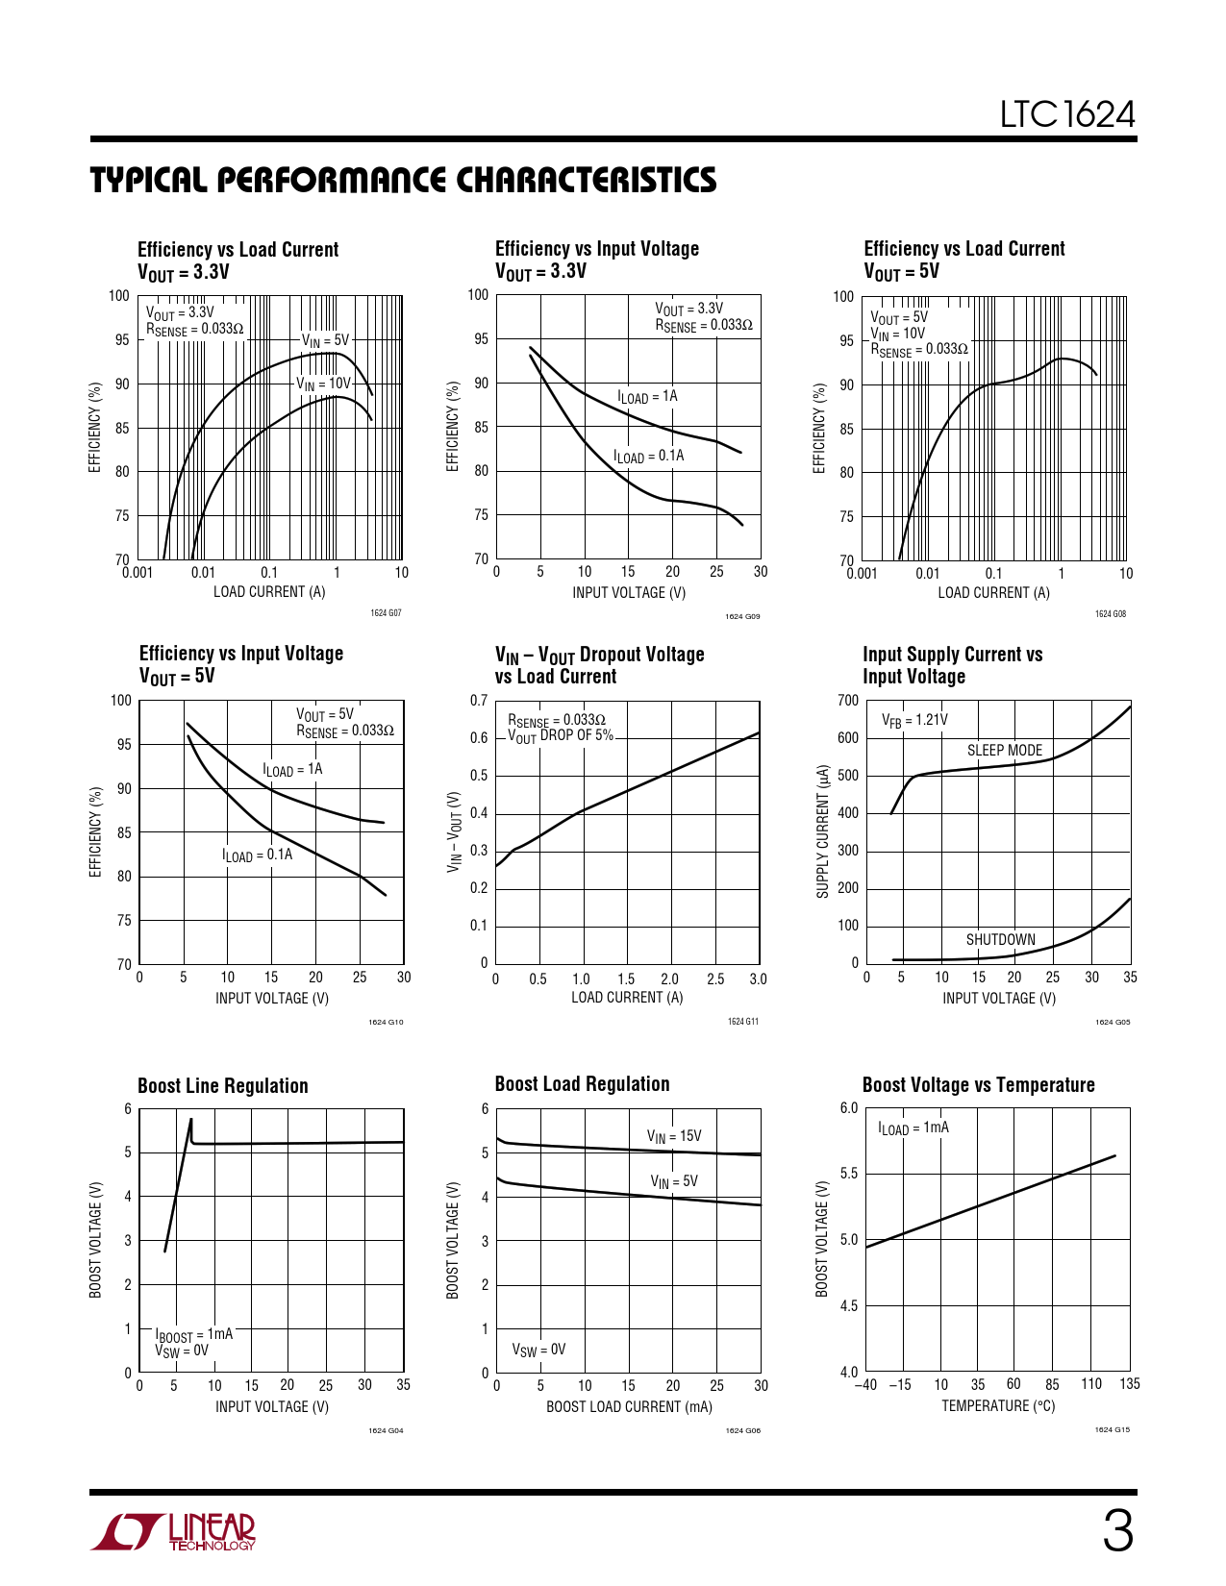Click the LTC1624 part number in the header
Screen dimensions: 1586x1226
click(1067, 114)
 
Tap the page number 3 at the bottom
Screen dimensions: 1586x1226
click(1117, 1531)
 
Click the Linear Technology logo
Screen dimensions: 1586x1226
click(174, 1531)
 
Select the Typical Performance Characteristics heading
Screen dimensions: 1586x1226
click(403, 180)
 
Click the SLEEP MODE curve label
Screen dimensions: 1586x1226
click(1004, 751)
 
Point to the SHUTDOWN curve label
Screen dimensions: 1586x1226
click(1000, 940)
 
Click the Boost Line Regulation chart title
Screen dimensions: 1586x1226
click(223, 1086)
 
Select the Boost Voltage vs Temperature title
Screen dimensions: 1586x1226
click(978, 1085)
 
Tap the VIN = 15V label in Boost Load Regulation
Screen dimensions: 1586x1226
click(674, 1136)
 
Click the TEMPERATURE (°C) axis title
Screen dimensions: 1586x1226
click(998, 1406)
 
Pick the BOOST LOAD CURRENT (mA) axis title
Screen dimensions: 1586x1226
click(629, 1407)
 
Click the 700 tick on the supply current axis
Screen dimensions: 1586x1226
click(848, 701)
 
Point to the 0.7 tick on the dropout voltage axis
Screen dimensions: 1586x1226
click(479, 701)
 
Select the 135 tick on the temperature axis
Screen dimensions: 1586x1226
click(1129, 1384)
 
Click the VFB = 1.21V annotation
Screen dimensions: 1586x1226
click(914, 720)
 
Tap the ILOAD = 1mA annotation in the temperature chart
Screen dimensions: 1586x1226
click(913, 1128)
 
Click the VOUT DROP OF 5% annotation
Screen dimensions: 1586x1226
click(562, 736)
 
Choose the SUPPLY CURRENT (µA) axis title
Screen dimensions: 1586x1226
click(823, 831)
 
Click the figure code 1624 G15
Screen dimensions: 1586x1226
click(1112, 1430)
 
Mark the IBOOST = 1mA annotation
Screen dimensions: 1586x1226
click(194, 1334)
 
